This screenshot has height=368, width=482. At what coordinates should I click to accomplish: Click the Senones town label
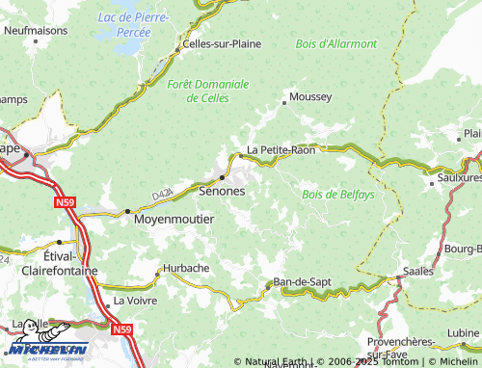tap(221, 192)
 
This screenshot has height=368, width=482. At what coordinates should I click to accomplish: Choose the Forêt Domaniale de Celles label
tap(207, 91)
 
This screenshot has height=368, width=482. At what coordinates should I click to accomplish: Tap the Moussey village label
tap(310, 97)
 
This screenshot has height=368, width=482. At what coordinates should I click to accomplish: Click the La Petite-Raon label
tap(281, 150)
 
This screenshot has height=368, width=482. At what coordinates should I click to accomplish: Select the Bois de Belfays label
tap(337, 195)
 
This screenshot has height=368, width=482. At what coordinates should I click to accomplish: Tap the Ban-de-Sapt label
tap(303, 281)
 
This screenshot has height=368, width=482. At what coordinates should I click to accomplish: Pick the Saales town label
tap(417, 272)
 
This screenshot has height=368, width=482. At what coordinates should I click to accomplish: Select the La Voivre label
tap(134, 301)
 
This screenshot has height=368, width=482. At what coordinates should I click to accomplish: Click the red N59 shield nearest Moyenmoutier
tap(65, 203)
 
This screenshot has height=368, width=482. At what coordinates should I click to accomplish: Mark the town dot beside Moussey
tap(283, 101)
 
